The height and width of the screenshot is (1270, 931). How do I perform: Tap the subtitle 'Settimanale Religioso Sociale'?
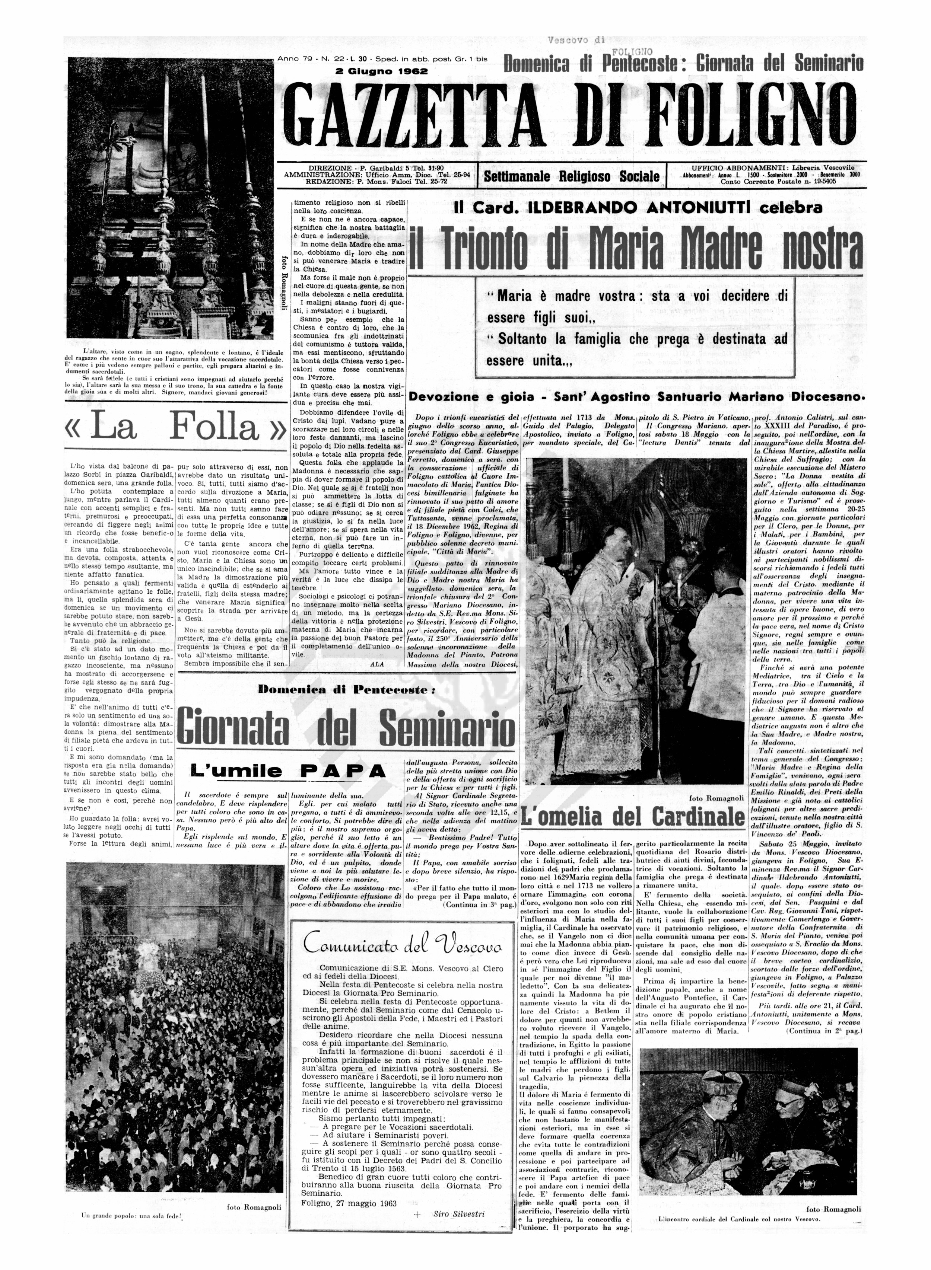point(572,176)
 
